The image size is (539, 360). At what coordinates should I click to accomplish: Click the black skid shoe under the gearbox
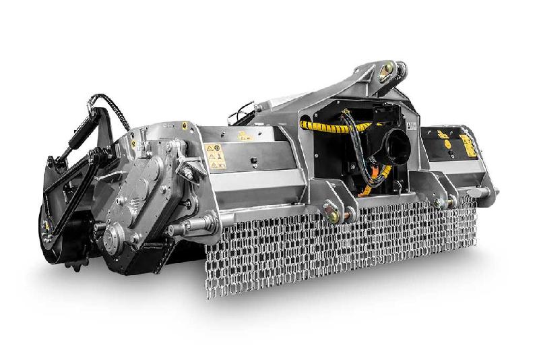coord(145,260)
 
